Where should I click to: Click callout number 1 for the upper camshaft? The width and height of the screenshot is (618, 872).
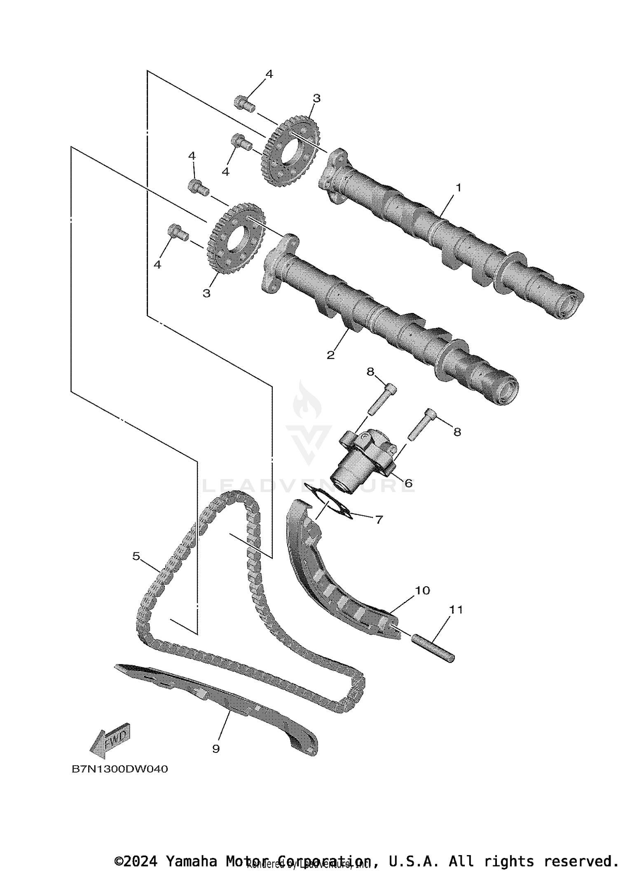[x=458, y=188]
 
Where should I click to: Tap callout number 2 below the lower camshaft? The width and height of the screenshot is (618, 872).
[x=330, y=355]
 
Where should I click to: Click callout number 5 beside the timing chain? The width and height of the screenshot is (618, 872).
[x=136, y=556]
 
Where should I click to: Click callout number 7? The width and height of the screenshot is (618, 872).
[x=379, y=519]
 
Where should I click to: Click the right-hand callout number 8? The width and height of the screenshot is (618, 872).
[x=457, y=432]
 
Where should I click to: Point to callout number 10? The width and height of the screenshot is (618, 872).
[x=422, y=590]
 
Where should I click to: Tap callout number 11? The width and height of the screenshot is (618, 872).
[x=456, y=609]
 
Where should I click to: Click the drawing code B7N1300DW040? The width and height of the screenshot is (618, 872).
[x=120, y=769]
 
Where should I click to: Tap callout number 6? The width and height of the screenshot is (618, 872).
[x=408, y=483]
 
